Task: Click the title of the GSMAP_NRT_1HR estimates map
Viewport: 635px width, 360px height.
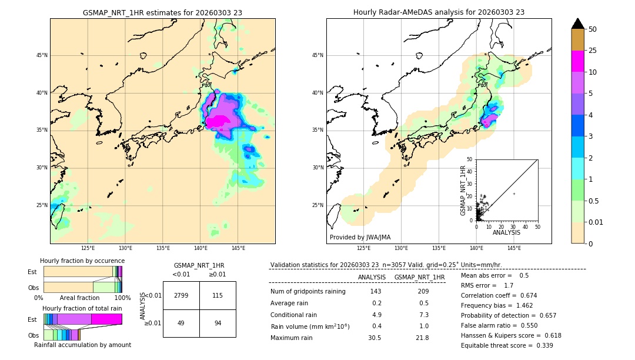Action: pos(162,12)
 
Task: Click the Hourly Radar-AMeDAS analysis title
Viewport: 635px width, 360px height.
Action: pos(439,12)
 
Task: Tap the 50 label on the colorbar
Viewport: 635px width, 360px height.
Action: pos(593,29)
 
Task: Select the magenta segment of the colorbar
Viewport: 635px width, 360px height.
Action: pos(577,61)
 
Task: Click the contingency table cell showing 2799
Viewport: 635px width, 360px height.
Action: pos(181,295)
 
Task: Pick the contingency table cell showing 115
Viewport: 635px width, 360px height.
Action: pos(218,295)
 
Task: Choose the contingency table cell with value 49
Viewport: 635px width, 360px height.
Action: pos(181,324)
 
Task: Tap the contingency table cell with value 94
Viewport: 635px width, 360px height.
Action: pos(218,324)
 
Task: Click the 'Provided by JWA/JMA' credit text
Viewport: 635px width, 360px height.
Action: pos(360,238)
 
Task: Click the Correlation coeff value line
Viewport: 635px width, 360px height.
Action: pos(499,296)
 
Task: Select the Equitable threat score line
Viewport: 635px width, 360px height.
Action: pos(507,345)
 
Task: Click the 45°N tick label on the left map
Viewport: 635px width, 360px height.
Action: pos(42,55)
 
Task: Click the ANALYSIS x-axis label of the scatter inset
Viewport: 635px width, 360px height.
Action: pos(506,233)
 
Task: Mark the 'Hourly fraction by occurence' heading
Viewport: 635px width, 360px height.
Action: pos(82,261)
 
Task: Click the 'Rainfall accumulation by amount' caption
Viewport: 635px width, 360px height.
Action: pos(82,345)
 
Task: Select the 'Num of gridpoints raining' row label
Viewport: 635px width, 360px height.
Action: pos(308,292)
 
